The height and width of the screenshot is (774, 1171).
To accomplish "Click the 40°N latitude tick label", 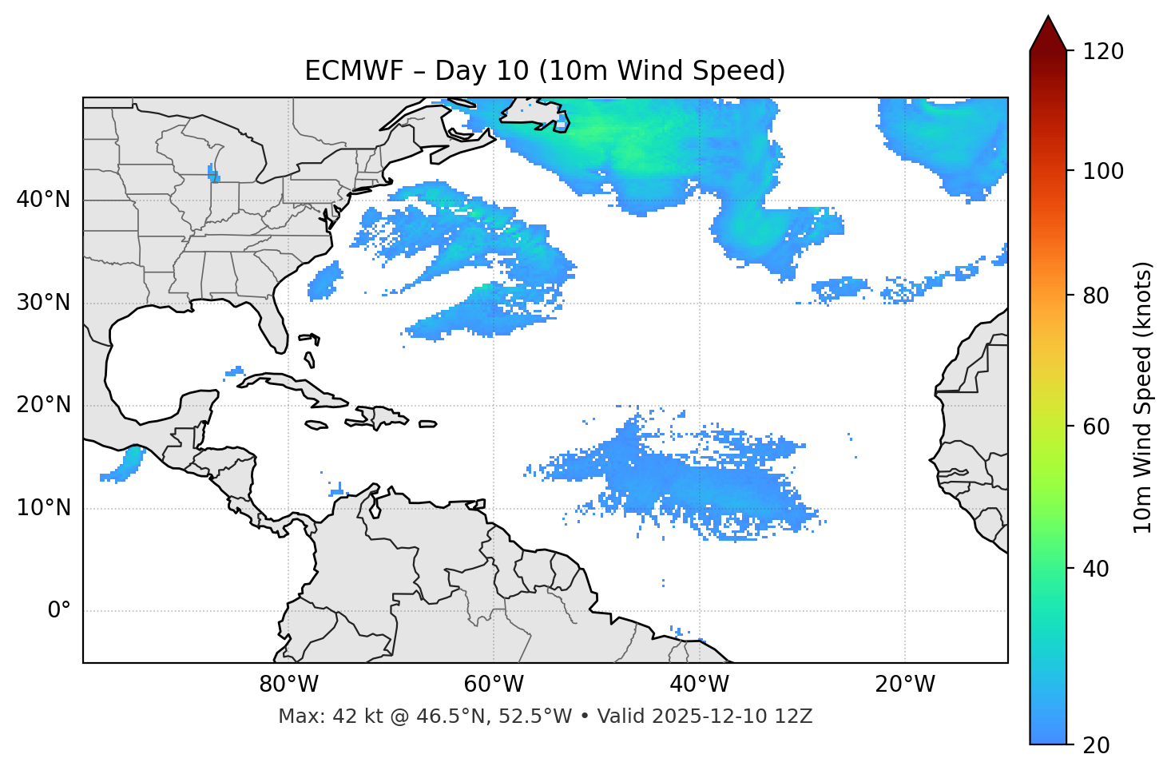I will [x=43, y=200].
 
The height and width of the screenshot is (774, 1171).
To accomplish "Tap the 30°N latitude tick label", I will [x=43, y=303].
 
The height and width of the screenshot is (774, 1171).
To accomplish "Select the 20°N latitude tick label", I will [x=43, y=405].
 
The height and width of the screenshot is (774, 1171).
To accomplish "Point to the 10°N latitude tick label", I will [x=43, y=508].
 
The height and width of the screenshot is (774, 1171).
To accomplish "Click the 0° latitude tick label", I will [x=58, y=611].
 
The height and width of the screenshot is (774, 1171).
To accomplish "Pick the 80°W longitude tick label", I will [x=288, y=685].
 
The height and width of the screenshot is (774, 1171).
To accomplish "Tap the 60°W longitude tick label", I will [x=494, y=685].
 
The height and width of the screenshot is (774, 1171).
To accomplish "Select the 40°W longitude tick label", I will [x=699, y=685].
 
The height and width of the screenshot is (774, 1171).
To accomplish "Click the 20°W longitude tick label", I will [x=905, y=685].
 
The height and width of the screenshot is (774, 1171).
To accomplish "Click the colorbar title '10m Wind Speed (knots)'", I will [x=1143, y=397].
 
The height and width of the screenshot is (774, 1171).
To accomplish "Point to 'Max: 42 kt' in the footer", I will [x=317, y=716].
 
